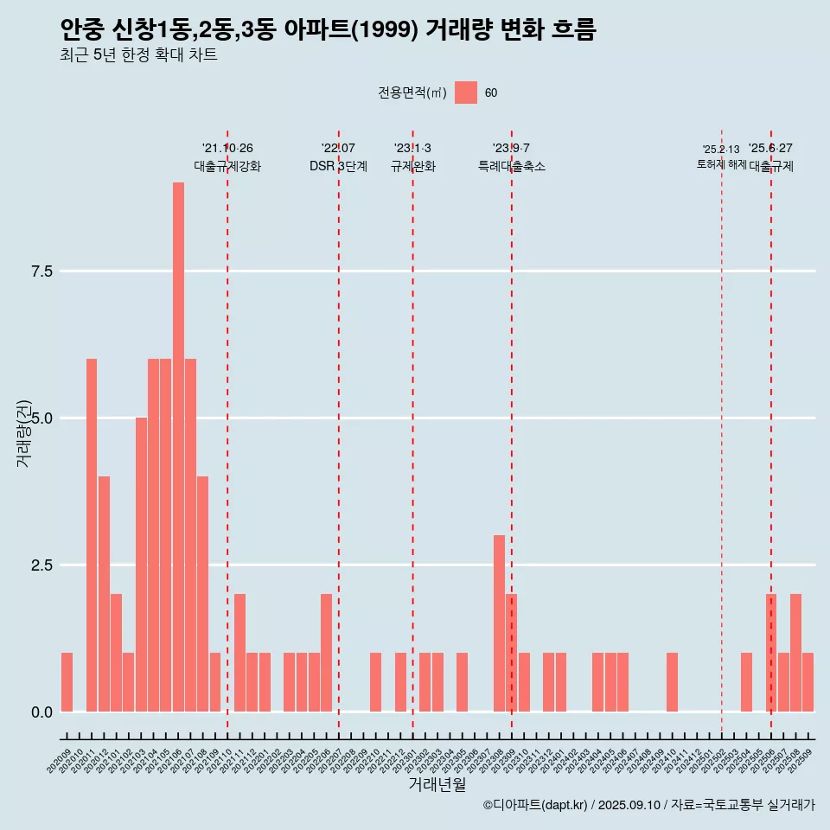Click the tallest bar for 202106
pyautogui.click(x=178, y=447)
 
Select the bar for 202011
pyautogui.click(x=92, y=535)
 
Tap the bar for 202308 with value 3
pyautogui.click(x=499, y=623)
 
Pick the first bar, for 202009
pyautogui.click(x=67, y=682)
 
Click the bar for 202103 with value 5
pyautogui.click(x=141, y=565)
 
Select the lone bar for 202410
pyautogui.click(x=672, y=682)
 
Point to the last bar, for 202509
pyautogui.click(x=808, y=682)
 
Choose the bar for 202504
pyautogui.click(x=746, y=682)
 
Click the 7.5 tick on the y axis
pyautogui.click(x=42, y=271)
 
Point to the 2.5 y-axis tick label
pyautogui.click(x=42, y=565)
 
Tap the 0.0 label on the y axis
pyautogui.click(x=42, y=712)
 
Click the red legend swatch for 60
pyautogui.click(x=466, y=93)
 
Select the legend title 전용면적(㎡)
pyautogui.click(x=412, y=93)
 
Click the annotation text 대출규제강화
pyautogui.click(x=227, y=167)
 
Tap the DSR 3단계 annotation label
pyautogui.click(x=338, y=167)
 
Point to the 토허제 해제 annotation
pyautogui.click(x=721, y=164)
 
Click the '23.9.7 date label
pyautogui.click(x=511, y=149)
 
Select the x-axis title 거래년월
pyautogui.click(x=437, y=785)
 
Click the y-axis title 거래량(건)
pyautogui.click(x=24, y=433)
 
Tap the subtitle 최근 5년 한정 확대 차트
pyautogui.click(x=138, y=56)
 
